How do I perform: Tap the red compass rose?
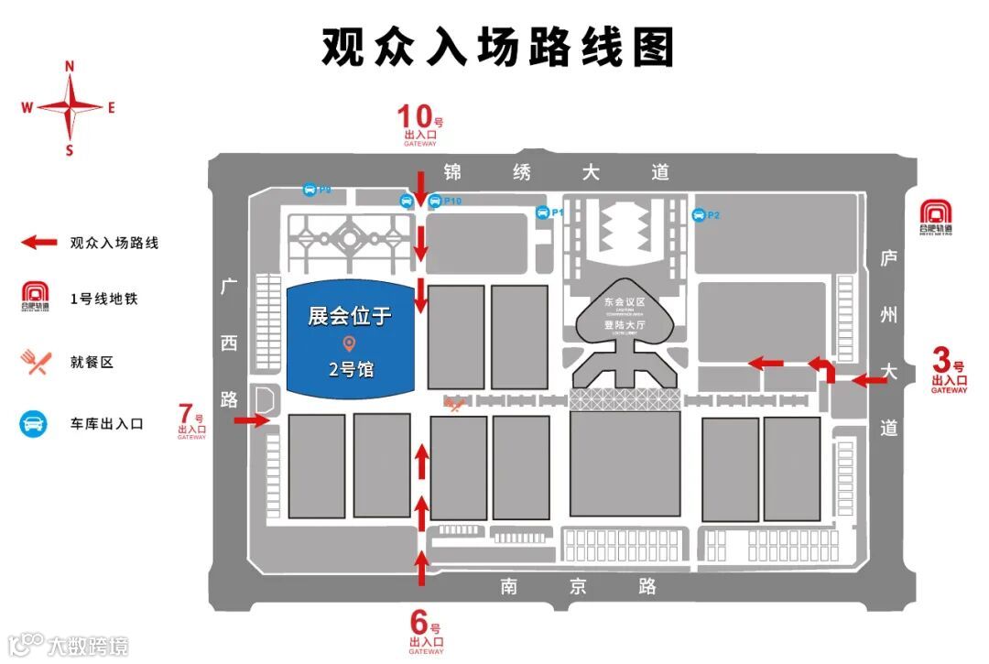(x=70, y=106)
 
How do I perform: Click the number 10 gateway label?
(x=420, y=125)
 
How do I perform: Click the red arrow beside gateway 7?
(x=249, y=420)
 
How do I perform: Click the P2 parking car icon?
(x=699, y=215)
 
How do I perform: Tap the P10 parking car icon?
(x=435, y=201)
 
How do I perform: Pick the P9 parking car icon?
(x=310, y=190)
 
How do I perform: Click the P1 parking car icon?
(x=542, y=212)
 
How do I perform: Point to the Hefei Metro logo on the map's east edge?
(x=935, y=217)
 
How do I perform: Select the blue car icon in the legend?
(x=35, y=424)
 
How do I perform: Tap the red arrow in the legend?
(x=41, y=243)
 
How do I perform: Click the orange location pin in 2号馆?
(x=349, y=343)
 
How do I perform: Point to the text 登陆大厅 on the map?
(x=625, y=324)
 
